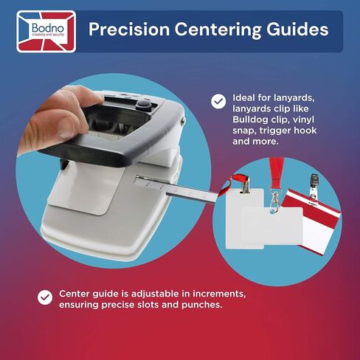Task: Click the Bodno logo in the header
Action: coord(46,32)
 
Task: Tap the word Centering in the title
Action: coord(218,30)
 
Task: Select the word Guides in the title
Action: coord(297,30)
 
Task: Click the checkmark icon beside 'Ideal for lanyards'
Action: coord(218,101)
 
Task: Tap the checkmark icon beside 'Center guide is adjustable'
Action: coord(45,297)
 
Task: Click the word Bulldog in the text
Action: coord(250,120)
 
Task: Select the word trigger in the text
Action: coord(275,131)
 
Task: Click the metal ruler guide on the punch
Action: coord(175,189)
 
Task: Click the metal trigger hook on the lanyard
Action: coord(274,201)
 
